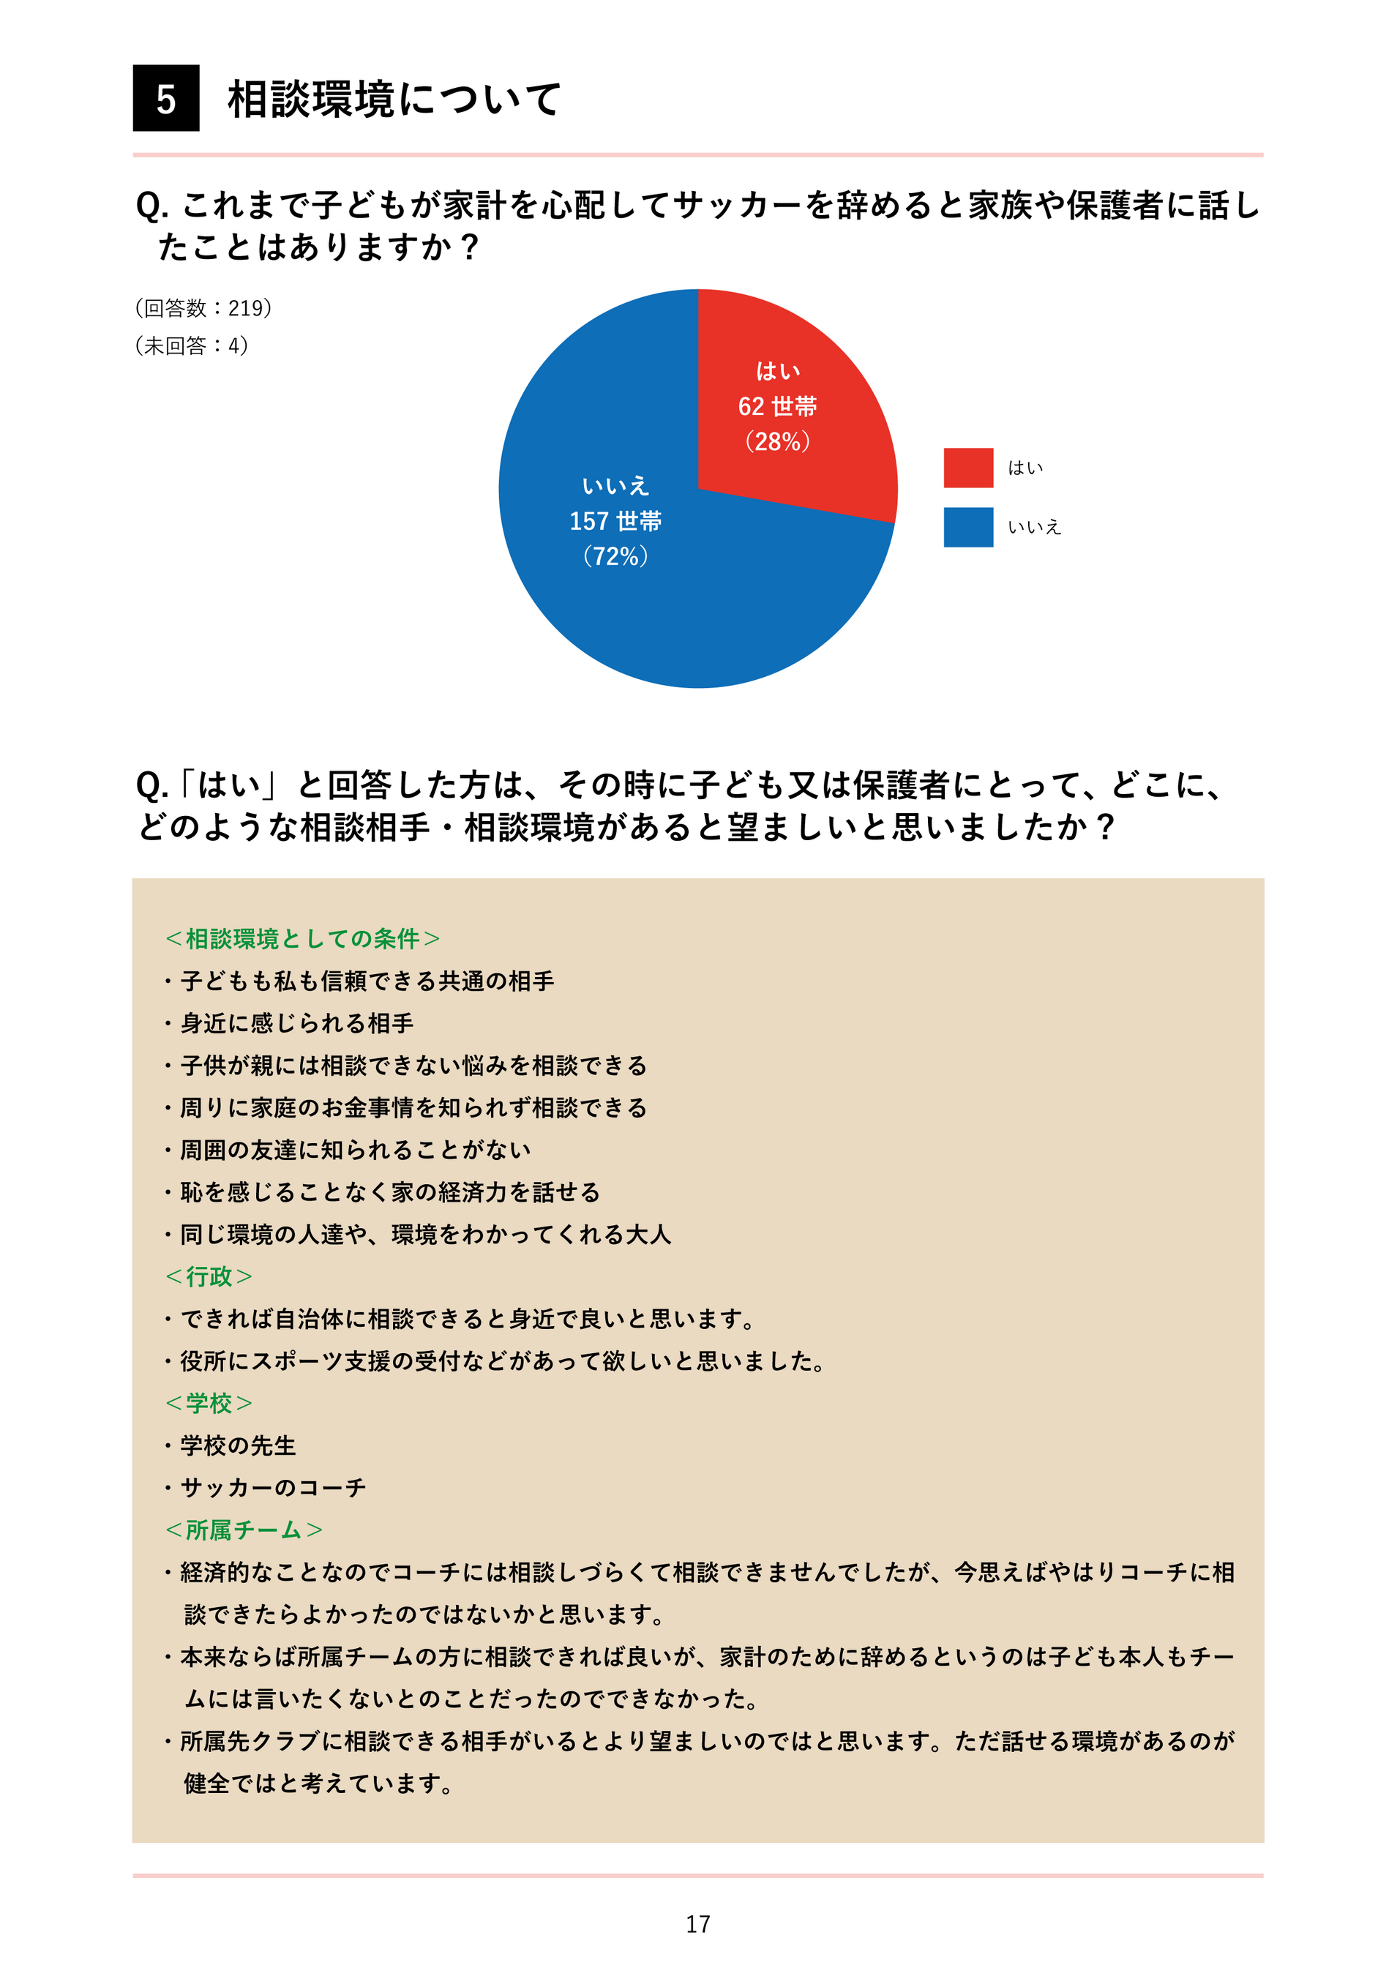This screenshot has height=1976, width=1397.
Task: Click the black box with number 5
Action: [166, 98]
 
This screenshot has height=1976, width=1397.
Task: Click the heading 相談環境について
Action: [394, 99]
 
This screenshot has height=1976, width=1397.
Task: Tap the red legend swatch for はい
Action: [968, 468]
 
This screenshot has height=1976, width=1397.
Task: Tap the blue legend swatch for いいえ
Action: [968, 527]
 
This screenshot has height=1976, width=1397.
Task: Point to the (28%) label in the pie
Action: [777, 441]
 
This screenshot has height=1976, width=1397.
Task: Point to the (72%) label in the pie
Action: [615, 556]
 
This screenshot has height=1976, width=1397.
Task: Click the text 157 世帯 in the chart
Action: [615, 520]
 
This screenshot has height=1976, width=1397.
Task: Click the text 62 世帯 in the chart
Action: [777, 406]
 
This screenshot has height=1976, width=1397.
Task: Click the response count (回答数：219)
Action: [203, 308]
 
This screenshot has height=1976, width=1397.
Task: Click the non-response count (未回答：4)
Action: [191, 346]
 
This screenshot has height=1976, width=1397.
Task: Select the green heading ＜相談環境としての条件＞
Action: [302, 938]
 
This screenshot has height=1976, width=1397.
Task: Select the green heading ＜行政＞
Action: [209, 1276]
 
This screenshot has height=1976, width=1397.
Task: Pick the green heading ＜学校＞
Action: [209, 1403]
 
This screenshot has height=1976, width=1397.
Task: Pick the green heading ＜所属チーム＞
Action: [244, 1530]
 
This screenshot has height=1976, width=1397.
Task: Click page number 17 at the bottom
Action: [698, 1923]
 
